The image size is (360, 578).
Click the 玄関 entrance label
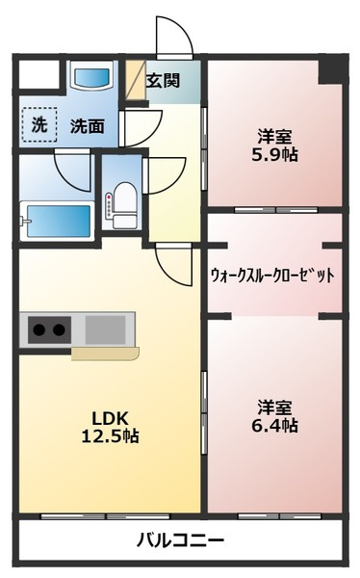(163, 81)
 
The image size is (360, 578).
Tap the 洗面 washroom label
(87, 124)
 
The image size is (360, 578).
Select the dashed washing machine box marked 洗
(39, 123)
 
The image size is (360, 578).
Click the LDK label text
(109, 416)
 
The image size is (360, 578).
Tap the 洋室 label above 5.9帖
(274, 135)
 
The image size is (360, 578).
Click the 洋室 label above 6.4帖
(274, 406)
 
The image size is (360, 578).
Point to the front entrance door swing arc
(173, 39)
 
